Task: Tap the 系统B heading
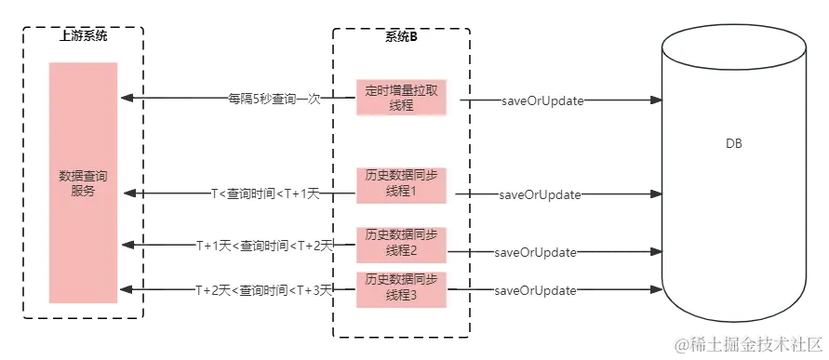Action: coord(401,36)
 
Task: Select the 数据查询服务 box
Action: coord(84,183)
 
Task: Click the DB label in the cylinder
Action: coord(733,146)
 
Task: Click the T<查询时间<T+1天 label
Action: coord(265,193)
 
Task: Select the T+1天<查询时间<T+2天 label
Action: coord(263,245)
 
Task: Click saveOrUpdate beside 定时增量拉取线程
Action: coord(543,100)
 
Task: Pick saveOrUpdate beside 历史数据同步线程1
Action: coord(540,194)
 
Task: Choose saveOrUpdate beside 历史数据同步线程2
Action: coord(537,251)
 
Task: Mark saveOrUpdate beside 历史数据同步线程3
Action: coord(537,291)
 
